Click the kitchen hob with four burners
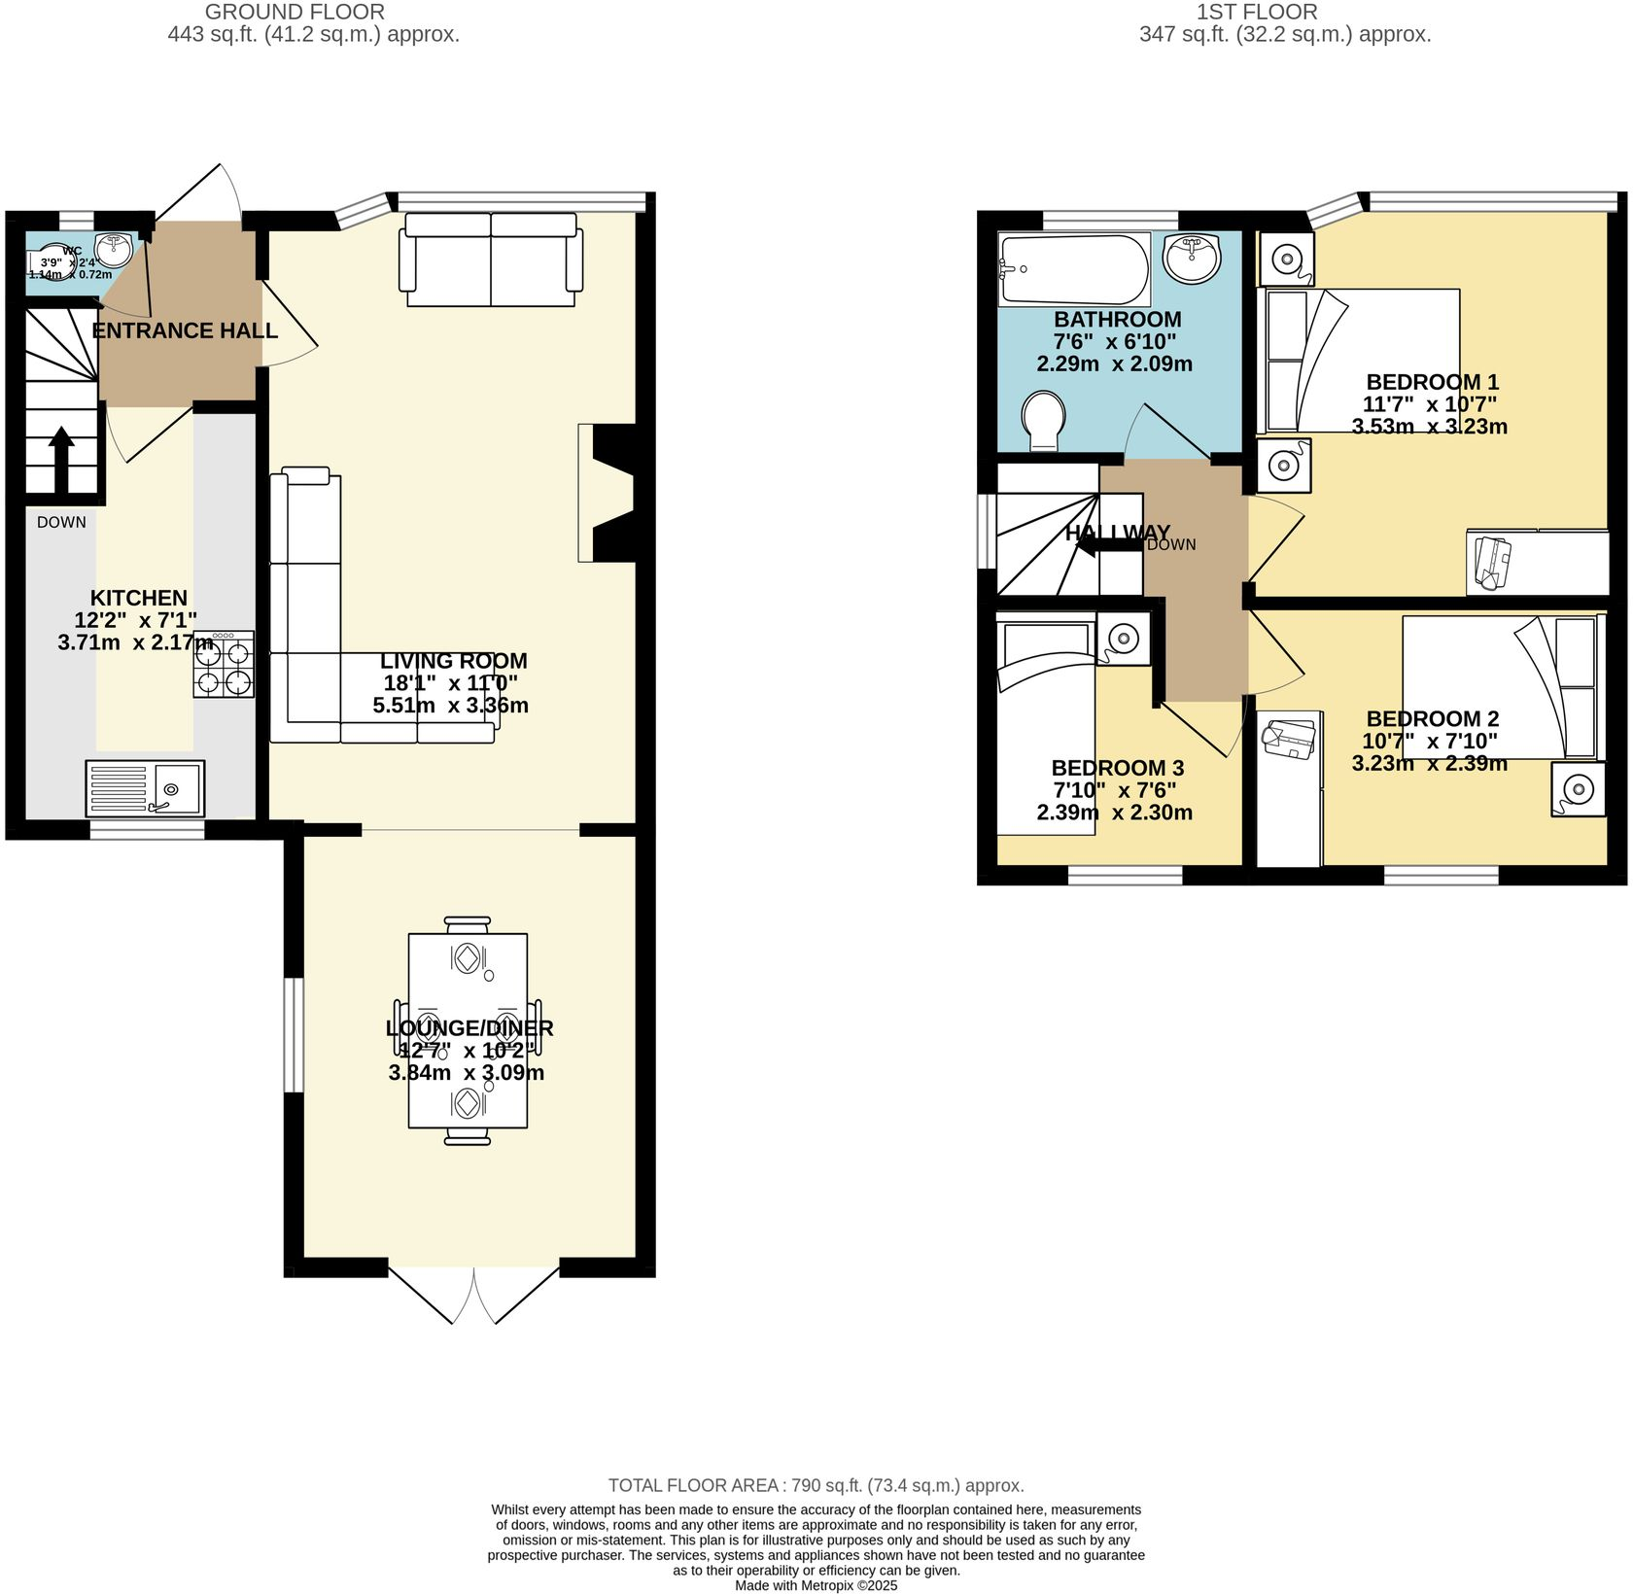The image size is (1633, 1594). (224, 664)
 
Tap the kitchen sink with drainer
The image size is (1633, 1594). (145, 787)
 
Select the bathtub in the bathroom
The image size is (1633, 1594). (1074, 269)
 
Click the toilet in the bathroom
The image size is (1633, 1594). (1044, 421)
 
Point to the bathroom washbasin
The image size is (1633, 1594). (1192, 258)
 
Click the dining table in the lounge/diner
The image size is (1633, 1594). (468, 1030)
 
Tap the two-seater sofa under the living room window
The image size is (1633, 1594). (491, 260)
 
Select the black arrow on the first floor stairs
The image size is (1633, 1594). (1108, 545)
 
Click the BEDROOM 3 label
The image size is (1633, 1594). (1117, 768)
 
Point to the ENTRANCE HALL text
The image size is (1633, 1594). (185, 330)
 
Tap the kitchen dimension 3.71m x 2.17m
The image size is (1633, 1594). (135, 642)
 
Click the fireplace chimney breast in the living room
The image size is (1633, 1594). (612, 493)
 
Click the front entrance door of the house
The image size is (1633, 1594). (199, 194)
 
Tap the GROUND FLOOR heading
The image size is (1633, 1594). (295, 12)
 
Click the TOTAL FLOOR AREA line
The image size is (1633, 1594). (816, 1485)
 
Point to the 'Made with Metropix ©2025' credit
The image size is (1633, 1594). (816, 1585)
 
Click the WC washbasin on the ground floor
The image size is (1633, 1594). (114, 249)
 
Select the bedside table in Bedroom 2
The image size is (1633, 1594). (1577, 789)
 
